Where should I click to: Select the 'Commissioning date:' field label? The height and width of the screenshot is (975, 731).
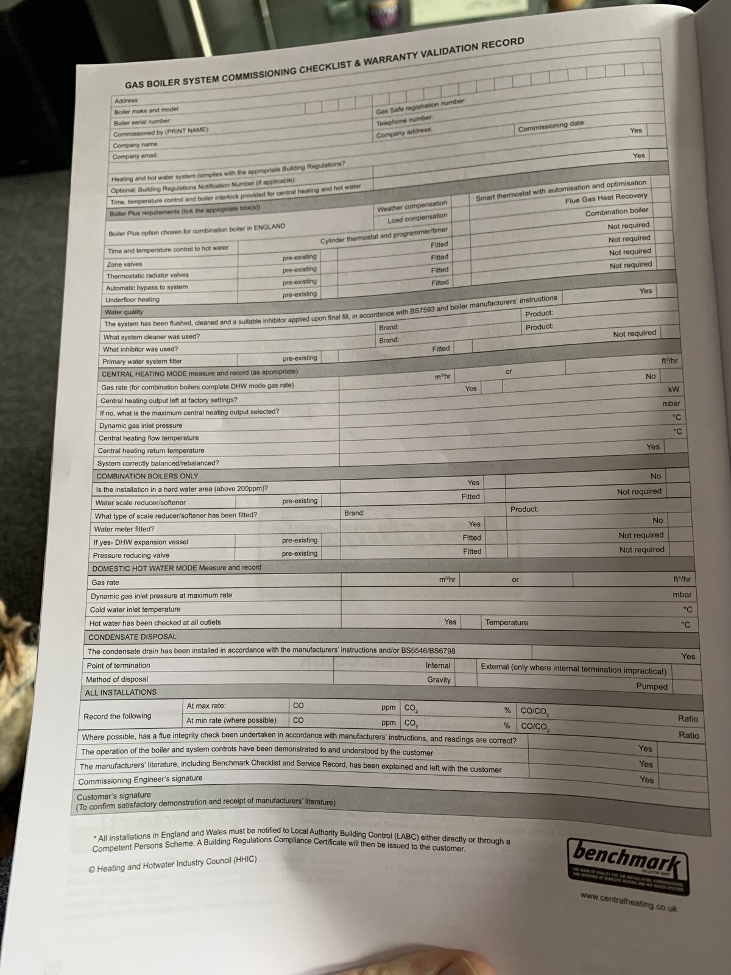click(x=551, y=127)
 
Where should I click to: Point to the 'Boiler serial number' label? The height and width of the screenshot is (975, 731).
click(x=141, y=122)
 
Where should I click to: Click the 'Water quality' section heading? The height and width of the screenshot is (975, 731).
click(x=124, y=312)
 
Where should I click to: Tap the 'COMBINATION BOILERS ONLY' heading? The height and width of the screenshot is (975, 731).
click(x=147, y=476)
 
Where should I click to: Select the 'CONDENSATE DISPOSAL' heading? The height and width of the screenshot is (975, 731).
click(x=132, y=637)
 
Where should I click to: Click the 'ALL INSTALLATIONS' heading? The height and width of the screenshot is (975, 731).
click(x=121, y=692)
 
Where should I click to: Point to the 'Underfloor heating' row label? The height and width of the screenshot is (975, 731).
click(x=132, y=300)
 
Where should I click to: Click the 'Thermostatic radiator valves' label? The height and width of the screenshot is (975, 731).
click(x=147, y=275)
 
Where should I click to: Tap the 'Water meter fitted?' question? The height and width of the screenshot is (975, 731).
click(x=124, y=529)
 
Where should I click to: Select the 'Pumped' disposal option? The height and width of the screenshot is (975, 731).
click(x=652, y=686)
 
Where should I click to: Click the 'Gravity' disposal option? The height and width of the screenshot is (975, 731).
click(x=439, y=679)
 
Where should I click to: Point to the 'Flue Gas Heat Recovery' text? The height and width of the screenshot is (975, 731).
click(x=606, y=199)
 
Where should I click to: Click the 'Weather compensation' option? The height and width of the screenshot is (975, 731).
click(x=412, y=207)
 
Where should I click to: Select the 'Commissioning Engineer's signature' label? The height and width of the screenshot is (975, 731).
click(x=140, y=779)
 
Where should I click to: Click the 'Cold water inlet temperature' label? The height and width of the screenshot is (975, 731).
click(x=135, y=609)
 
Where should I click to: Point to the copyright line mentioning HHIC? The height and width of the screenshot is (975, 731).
click(x=172, y=864)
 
